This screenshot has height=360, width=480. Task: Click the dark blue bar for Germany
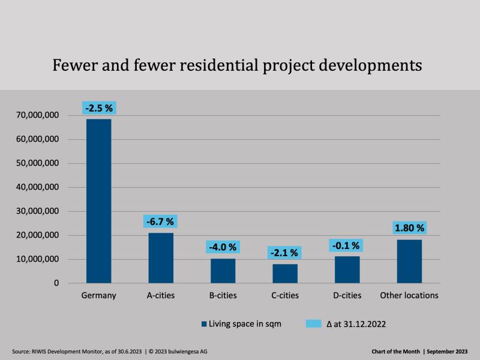[98, 201]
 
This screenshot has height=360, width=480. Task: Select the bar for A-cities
[161, 258]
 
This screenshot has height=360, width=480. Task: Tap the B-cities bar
[223, 271]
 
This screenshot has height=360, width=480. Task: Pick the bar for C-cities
[285, 274]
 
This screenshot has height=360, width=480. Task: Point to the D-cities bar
[347, 269]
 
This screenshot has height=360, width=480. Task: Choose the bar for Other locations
[409, 262]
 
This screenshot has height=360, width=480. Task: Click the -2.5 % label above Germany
[98, 109]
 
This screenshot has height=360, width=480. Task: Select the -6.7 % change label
[161, 222]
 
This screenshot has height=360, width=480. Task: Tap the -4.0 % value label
[223, 247]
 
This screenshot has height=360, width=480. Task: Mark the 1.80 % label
[409, 228]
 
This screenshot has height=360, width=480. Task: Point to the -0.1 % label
[347, 245]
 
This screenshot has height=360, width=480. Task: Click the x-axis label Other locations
[409, 295]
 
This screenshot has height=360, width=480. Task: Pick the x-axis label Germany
[98, 295]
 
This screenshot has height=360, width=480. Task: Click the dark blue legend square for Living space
[204, 324]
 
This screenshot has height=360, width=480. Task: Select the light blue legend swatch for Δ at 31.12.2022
[314, 324]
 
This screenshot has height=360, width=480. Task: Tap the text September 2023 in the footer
[449, 351]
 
